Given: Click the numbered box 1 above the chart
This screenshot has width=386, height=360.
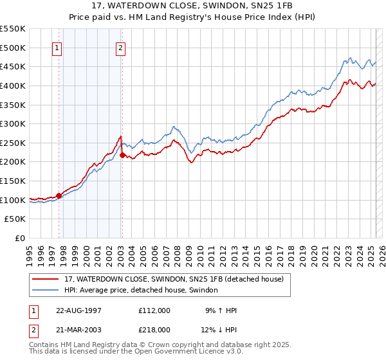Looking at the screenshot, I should click(57, 47).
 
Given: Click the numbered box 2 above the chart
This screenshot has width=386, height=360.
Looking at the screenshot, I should click(121, 47).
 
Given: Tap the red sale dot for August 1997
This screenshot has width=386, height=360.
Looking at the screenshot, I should click(59, 195).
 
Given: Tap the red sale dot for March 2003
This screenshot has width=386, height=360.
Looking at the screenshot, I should click(122, 155).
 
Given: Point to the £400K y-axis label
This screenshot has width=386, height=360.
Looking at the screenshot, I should click(14, 85).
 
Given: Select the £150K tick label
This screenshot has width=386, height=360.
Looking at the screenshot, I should click(14, 181).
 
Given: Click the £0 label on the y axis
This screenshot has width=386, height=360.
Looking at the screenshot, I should click(19, 238).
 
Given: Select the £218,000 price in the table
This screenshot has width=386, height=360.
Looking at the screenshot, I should click(154, 329).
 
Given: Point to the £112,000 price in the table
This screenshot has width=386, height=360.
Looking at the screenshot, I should click(154, 310).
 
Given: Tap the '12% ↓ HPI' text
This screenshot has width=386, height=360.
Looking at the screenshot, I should click(219, 329).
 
